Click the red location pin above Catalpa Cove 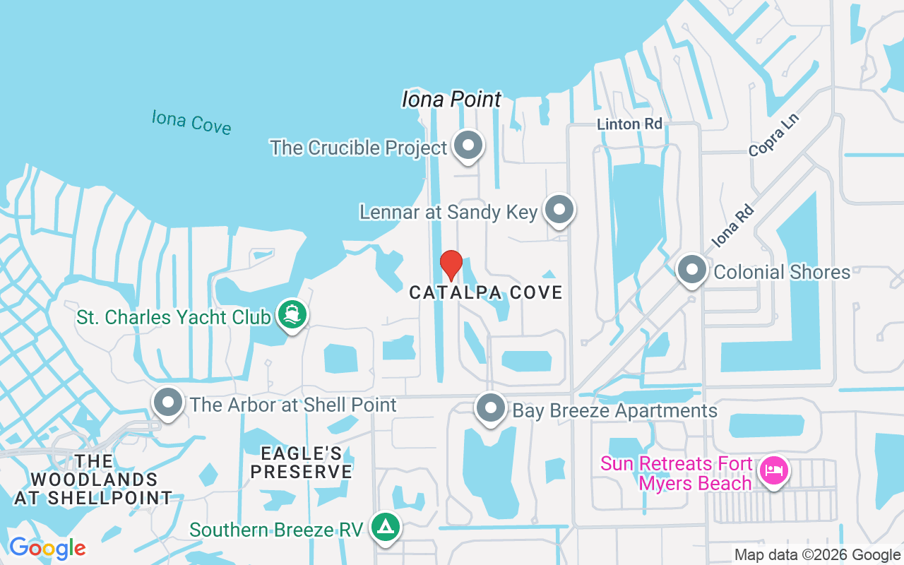pos(451,265)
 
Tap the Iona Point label pos(451,100)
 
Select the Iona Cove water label pos(191,121)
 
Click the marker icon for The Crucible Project pos(467,146)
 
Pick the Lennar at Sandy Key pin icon pos(560,210)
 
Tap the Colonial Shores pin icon pos(692,270)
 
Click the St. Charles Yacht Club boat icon pos(291,314)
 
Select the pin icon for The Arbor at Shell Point pos(168,403)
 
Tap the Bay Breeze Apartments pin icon pos(490,409)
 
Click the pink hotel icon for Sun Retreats pos(774,470)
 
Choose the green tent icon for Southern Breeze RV pos(386,527)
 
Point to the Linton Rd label pos(629,124)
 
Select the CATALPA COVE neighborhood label pos(486,292)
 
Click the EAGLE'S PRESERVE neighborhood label pos(302,463)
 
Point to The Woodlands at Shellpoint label pos(93,480)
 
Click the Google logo pos(47,548)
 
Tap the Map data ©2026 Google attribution pos(817,555)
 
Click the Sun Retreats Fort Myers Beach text pos(676,474)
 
